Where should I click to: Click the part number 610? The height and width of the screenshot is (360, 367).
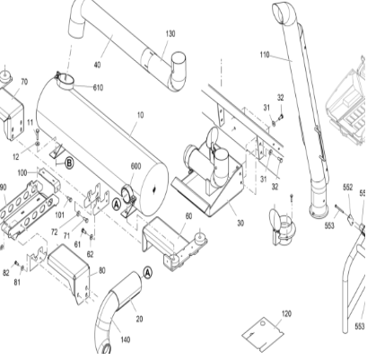click(x=97, y=87)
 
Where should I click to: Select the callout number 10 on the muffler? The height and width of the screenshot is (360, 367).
click(x=139, y=115)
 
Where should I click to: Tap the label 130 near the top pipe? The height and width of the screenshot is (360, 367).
click(x=170, y=33)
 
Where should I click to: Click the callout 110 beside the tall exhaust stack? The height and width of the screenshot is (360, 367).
click(x=264, y=56)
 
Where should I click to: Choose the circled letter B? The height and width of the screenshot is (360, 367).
click(x=68, y=162)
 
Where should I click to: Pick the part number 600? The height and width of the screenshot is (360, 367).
click(x=135, y=166)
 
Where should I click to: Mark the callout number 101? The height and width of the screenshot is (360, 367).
click(x=60, y=215)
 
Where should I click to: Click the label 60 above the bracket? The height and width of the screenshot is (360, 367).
click(x=188, y=216)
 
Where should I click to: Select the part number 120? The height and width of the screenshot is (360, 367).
click(x=286, y=313)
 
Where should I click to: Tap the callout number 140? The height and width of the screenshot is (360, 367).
click(x=125, y=338)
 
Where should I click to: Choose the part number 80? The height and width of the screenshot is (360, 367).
click(x=101, y=269)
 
